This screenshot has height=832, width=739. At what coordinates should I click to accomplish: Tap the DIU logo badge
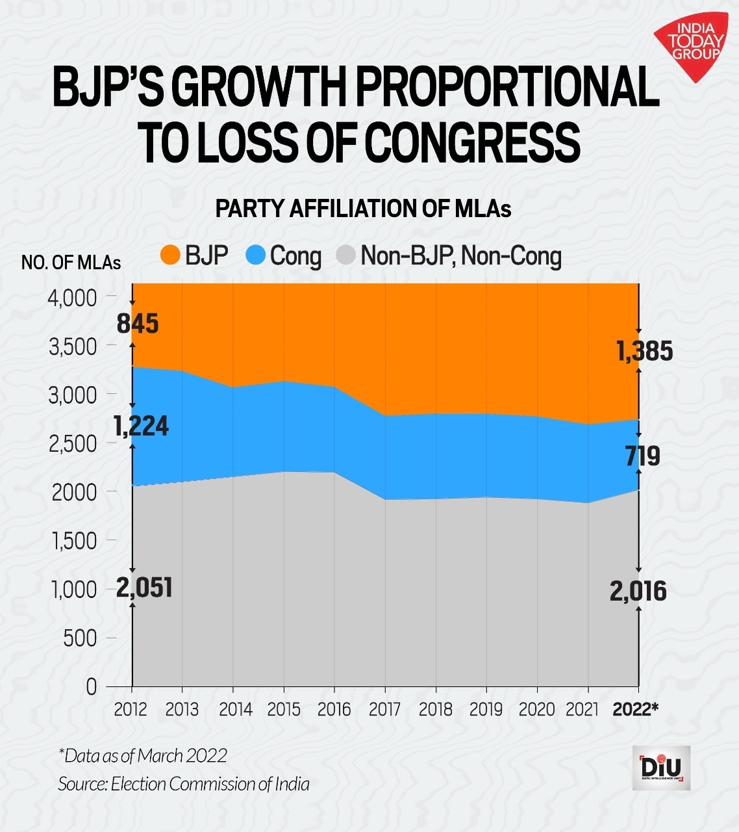click(x=661, y=768)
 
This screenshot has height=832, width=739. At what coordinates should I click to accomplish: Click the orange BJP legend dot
click(x=170, y=255)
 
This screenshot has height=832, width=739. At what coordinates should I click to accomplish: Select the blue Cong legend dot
click(x=256, y=255)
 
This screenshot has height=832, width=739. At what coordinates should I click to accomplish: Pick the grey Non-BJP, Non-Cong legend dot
click(x=346, y=255)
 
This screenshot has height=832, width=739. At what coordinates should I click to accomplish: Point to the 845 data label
click(x=138, y=323)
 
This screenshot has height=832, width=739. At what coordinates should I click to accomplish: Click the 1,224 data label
click(x=141, y=426)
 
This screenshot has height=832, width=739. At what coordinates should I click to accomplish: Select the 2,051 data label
click(x=144, y=588)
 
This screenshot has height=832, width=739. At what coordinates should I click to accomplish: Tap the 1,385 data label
click(x=644, y=351)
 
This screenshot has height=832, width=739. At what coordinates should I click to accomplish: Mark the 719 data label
click(x=642, y=456)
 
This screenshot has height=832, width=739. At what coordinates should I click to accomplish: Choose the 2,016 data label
click(x=638, y=591)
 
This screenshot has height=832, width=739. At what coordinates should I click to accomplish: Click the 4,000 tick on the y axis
click(x=72, y=298)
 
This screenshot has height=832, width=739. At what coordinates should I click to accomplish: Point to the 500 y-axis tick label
click(x=80, y=638)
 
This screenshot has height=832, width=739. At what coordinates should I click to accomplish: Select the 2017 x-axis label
click(x=384, y=709)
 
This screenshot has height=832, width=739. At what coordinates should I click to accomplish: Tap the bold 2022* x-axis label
click(x=635, y=709)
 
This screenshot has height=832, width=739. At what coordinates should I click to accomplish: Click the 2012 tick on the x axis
click(x=131, y=709)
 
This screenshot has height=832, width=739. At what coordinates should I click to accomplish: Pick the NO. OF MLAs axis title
click(x=71, y=262)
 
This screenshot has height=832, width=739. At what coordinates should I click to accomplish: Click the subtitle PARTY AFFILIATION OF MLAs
click(x=363, y=209)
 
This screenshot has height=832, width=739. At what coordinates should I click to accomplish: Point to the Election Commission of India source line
click(x=184, y=784)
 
